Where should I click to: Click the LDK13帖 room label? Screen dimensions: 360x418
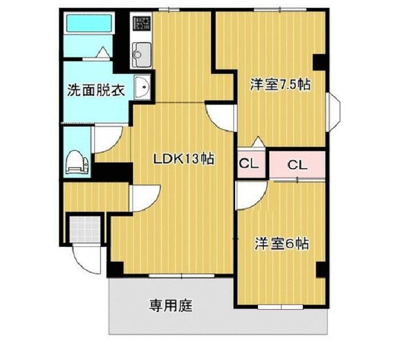[x=184, y=158]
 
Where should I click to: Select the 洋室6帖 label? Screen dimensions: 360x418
[x=281, y=245]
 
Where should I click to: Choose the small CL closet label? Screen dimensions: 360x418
[x=248, y=164]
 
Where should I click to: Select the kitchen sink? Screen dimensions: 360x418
[x=140, y=52]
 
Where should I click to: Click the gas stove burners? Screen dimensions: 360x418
[x=141, y=25]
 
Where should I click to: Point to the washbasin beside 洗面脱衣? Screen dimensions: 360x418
[x=142, y=87]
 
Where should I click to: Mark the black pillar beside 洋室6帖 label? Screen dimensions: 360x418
[x=320, y=270]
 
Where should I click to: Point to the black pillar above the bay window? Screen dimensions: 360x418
[x=319, y=63]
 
